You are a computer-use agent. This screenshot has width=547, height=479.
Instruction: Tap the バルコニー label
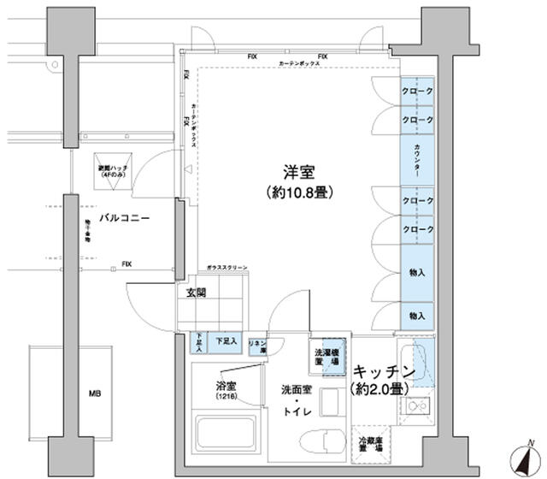coord(124,219)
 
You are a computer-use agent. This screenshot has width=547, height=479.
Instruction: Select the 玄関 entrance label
coord(197,293)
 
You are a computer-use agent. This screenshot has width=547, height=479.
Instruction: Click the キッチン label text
coord(384,372)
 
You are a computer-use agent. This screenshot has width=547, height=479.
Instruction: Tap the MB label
coord(96,394)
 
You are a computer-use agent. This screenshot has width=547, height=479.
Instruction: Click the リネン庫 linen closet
coord(256,346)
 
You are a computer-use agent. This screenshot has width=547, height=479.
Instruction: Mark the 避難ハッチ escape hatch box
coord(114,172)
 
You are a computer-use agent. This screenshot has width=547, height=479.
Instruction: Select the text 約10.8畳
coord(297,192)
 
